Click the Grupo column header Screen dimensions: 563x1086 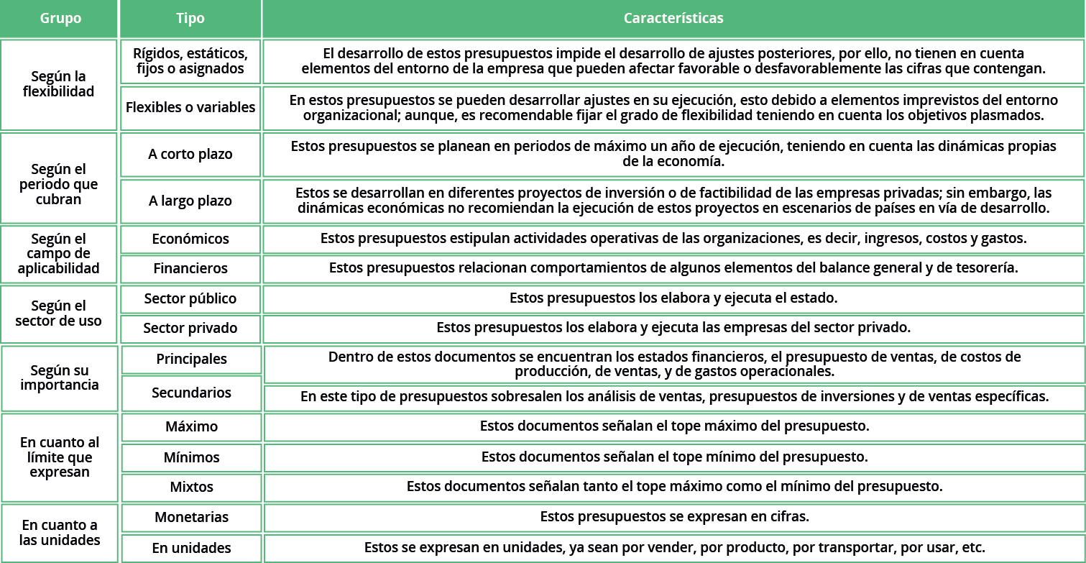pos(60,19)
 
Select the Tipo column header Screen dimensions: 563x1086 pos(190,19)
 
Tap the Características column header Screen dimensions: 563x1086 pos(673,19)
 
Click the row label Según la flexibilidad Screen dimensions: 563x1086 pos(59,84)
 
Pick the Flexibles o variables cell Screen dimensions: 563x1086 pos(190,108)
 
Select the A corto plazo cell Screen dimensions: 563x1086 pos(190,155)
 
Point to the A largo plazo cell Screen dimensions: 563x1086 pos(190,201)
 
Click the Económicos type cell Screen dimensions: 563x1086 pos(190,239)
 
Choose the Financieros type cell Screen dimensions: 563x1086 pos(190,269)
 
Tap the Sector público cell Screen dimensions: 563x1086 pos(190,298)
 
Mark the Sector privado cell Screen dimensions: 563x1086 pos(190,329)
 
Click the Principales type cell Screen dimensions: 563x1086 pos(191,360)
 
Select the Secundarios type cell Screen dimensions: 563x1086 pos(191,393)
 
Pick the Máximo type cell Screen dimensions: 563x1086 pos(191,427)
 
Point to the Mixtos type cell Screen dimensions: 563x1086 pos(191,488)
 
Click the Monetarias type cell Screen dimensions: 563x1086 pos(191,518)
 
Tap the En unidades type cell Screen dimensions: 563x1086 pos(191,548)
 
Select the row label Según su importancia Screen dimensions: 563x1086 pos(60,378)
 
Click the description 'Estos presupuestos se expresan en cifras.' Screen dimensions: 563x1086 pos(674,517)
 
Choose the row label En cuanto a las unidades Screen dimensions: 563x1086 pos(60,533)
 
